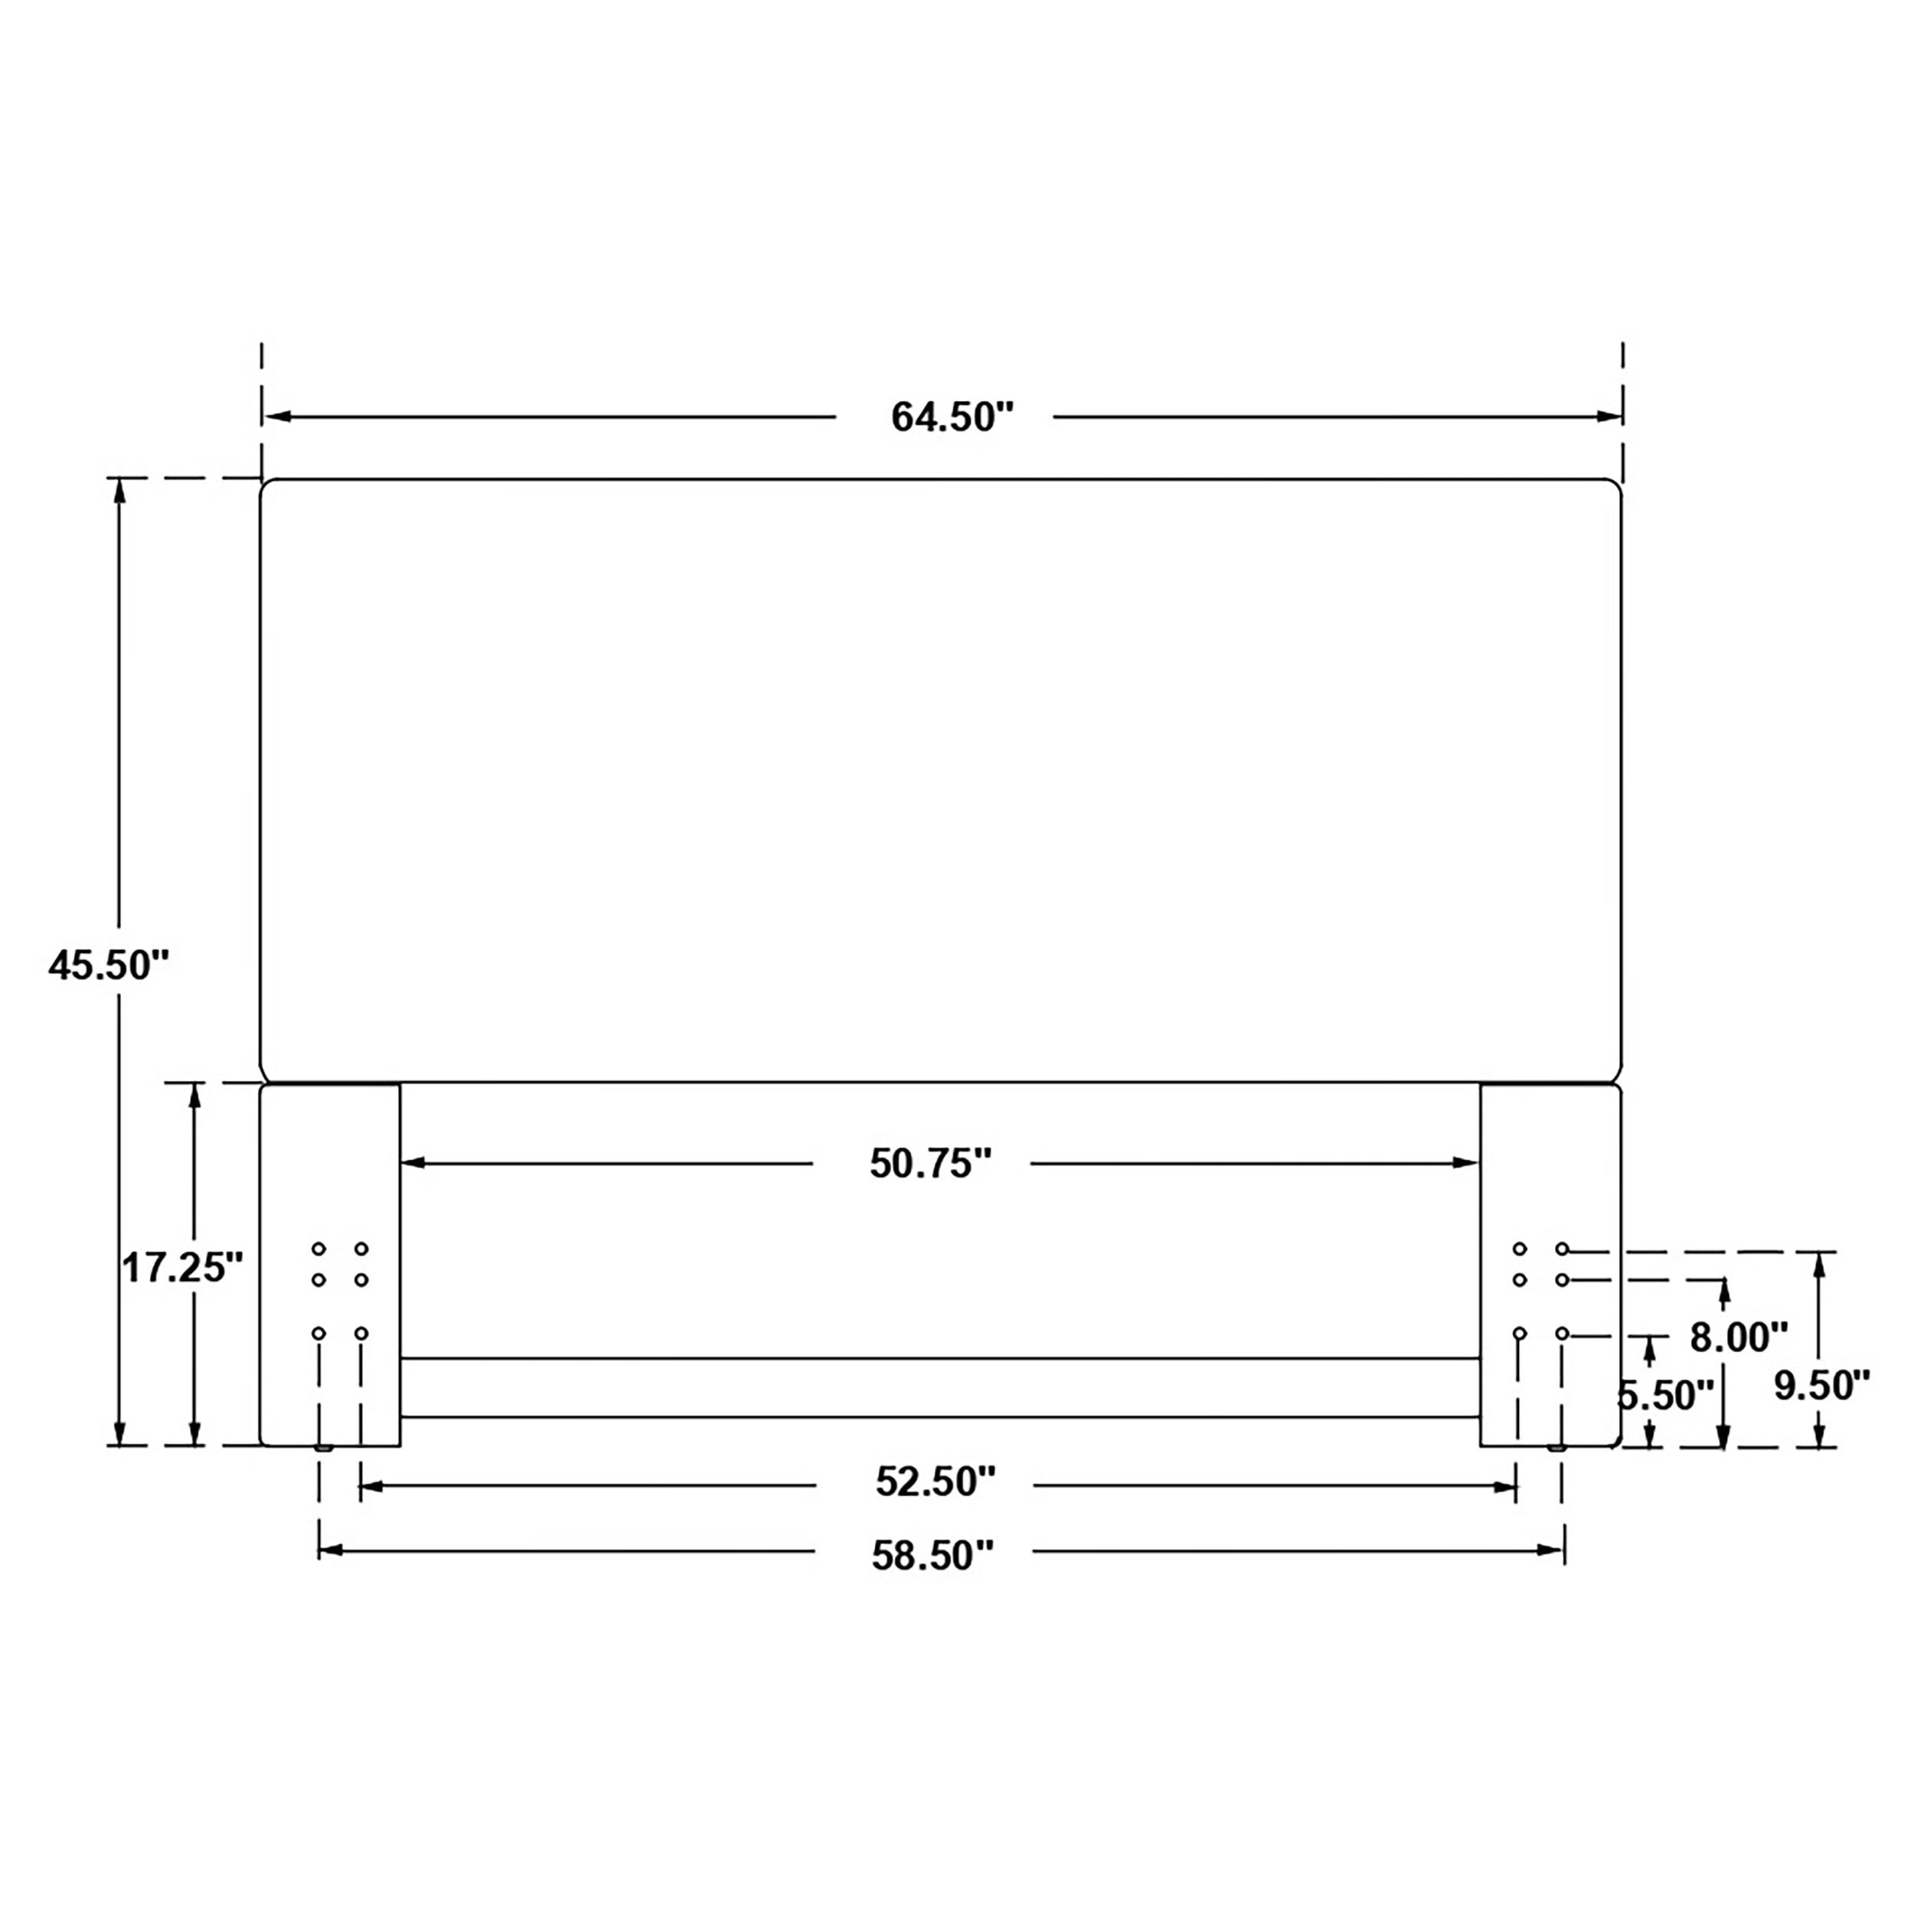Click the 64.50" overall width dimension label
[x=953, y=417]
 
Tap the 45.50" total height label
[x=109, y=964]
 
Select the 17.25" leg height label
[x=182, y=1267]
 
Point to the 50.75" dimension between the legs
[x=930, y=1163]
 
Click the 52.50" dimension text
[x=934, y=1482]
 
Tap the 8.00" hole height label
[x=1739, y=1338]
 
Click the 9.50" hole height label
[x=1821, y=1385]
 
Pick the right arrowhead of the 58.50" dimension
[x=1550, y=1550]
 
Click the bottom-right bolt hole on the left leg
[x=361, y=1334]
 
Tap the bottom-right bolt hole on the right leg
[x=1563, y=1334]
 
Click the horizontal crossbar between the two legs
[x=939, y=1387]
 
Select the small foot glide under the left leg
[x=322, y=1449]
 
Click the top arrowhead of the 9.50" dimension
[x=1818, y=1264]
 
